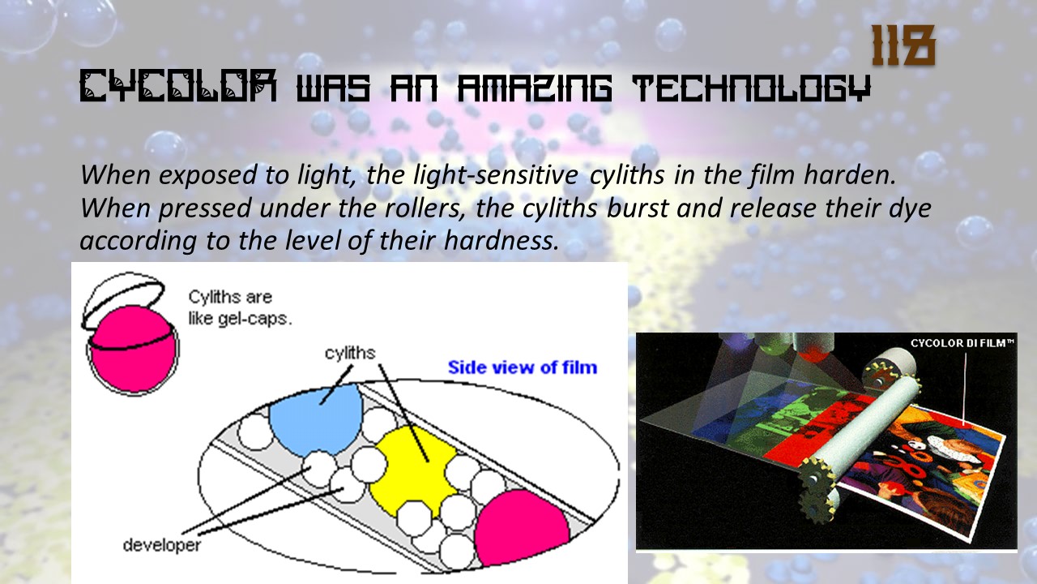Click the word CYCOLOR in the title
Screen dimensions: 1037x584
coord(178,86)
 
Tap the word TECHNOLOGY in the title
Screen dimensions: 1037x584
coord(752,87)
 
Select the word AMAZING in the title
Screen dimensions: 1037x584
coord(535,86)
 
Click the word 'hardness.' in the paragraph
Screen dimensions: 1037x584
coord(501,240)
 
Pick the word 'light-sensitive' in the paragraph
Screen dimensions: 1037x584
coord(496,175)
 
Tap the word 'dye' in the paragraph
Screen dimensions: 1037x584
coord(910,208)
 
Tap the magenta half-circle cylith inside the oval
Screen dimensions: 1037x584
coord(521,527)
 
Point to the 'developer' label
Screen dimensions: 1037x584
coord(161,545)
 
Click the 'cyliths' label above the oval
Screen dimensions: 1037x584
coord(350,353)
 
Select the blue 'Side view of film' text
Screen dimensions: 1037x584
coord(523,367)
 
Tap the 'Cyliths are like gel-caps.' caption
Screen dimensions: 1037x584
coord(240,307)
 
